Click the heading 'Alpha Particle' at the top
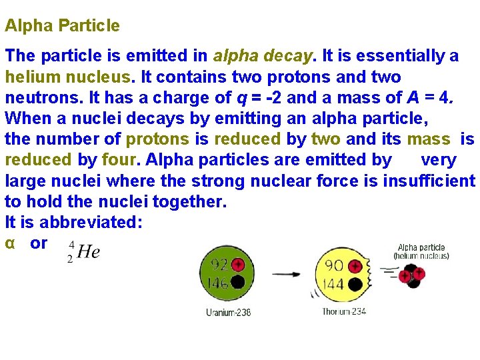(63, 26)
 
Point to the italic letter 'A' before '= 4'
(413, 98)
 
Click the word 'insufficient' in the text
(429, 181)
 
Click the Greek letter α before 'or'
(10, 243)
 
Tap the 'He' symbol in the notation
(88, 252)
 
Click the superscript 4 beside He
(71, 244)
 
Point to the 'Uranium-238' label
(229, 313)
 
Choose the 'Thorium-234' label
(345, 312)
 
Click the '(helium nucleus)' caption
(421, 255)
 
